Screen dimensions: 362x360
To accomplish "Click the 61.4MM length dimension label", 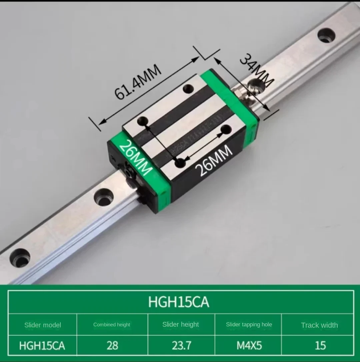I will [138, 82].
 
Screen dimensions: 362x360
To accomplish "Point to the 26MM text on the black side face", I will [215, 161].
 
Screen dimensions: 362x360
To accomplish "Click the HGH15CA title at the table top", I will [179, 302].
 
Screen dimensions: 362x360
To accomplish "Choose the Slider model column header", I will [43, 325].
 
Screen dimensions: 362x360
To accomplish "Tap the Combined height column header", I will [112, 325].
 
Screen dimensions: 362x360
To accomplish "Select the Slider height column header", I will [181, 325].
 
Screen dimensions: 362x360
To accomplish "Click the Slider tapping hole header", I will [249, 325].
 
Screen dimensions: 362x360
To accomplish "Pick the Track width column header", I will [319, 325].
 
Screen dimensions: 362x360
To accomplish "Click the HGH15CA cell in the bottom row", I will [42, 345].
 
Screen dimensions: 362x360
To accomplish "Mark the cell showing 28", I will [112, 345].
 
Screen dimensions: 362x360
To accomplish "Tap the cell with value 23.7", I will [181, 345].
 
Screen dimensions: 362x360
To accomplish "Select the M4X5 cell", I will [249, 345].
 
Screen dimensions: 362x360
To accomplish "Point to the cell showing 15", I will [320, 345].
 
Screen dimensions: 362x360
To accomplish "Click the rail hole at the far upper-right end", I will [326, 35].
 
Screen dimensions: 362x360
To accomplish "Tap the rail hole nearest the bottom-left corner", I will [20, 257].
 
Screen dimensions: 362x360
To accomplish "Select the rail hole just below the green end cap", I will [103, 197].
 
